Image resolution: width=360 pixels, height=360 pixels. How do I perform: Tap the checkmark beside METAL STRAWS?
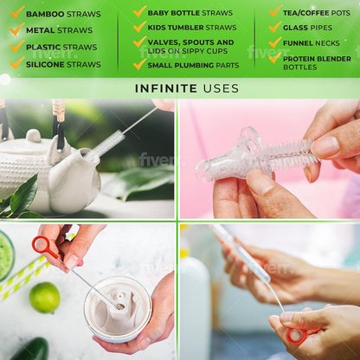[x=16, y=29]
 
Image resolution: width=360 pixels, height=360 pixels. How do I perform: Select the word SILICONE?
[x=45, y=64]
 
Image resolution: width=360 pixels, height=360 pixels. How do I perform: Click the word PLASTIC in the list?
[x=43, y=47]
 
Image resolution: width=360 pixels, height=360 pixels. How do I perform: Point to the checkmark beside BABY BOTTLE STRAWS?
[x=139, y=11]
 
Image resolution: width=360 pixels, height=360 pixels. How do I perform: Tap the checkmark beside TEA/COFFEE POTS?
[x=275, y=11]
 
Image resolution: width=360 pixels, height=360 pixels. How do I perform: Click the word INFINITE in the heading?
[x=166, y=88]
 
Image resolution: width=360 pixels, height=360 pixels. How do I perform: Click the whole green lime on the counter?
[x=45, y=298]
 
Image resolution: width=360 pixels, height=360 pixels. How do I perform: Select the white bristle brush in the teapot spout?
[x=105, y=145]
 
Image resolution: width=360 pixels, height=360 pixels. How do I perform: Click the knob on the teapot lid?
[x=34, y=136]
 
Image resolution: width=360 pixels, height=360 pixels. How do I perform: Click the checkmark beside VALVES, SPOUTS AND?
[x=139, y=42]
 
